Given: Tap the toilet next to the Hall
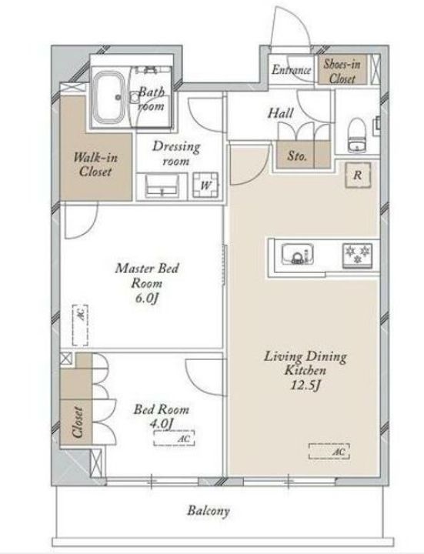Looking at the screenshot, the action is pos(356,135).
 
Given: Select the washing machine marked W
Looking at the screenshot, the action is pos(205,185).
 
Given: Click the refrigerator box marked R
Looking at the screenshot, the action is pos(358,175).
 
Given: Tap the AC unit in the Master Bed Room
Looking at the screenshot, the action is pos(80,325).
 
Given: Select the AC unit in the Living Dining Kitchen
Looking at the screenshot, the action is pos(329,451).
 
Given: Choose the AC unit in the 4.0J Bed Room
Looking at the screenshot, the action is pos(174,438).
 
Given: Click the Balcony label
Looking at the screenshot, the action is pos(209,511).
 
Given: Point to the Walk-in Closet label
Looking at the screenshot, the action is pos(95,165).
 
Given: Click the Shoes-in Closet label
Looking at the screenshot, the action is pos(342,72).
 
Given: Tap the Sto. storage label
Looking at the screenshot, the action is pos(296,155).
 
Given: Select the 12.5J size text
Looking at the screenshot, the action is pos(305,385).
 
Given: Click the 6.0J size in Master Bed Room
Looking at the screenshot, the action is pos(146,299).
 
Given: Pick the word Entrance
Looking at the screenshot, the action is pos(291,69).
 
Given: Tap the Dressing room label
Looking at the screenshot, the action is pos(176,153).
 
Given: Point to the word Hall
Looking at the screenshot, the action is pos(280,113).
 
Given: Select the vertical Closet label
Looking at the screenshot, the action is pos(78,422).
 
